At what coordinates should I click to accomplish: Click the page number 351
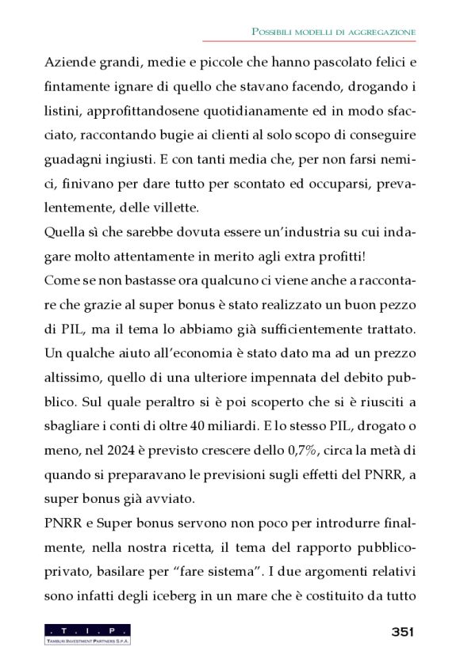403,631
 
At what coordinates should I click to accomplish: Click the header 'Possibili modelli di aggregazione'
333,31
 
